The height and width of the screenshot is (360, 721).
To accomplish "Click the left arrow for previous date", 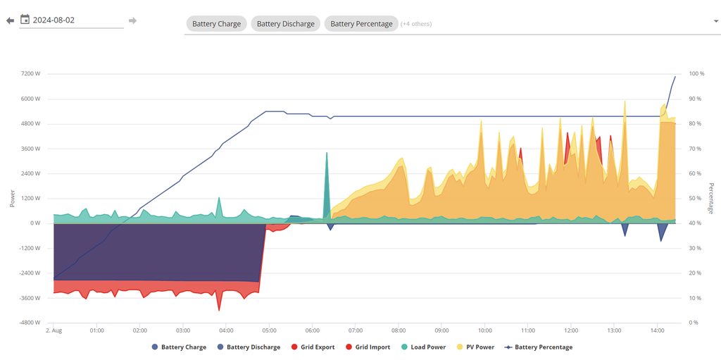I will (x=10, y=20).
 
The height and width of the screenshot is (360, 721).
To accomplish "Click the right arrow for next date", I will (x=132, y=20).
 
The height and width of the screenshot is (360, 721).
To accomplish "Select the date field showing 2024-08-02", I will (x=70, y=20).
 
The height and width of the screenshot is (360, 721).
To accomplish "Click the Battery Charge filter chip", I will (x=216, y=24).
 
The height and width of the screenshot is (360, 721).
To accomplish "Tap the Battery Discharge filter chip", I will (x=285, y=24).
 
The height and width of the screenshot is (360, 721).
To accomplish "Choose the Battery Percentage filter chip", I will (x=361, y=24).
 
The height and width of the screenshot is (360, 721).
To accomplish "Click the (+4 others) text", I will (x=416, y=24).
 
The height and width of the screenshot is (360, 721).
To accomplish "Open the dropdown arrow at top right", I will (x=715, y=21).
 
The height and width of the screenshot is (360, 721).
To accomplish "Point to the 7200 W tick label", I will (x=30, y=74).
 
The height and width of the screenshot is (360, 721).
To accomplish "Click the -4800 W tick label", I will (x=29, y=323).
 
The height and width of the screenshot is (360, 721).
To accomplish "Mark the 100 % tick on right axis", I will (x=696, y=74).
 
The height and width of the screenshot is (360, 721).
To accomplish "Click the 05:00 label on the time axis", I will (x=270, y=330).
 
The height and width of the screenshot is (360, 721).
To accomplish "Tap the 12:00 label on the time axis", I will (x=571, y=330).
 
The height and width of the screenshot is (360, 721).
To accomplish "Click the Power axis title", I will (x=13, y=198).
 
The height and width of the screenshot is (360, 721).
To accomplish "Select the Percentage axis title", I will (x=711, y=198).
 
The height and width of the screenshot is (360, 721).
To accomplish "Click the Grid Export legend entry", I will (x=317, y=347).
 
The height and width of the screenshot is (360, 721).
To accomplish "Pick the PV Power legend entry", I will (x=479, y=347).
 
